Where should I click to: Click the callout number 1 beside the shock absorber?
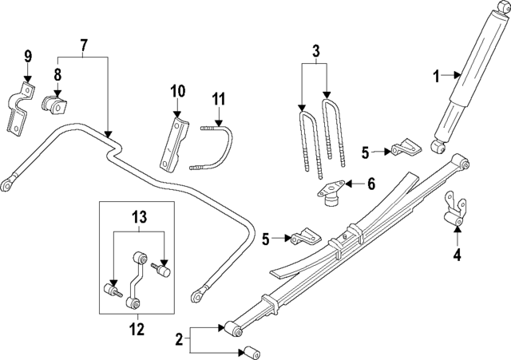[437, 77]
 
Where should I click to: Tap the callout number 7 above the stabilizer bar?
[84, 45]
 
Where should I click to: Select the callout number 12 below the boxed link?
[137, 330]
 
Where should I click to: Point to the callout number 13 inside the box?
[139, 217]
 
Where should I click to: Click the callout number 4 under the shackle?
[458, 255]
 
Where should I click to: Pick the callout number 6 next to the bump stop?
[371, 184]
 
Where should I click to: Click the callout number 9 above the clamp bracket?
[28, 56]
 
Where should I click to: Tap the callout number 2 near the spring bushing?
[179, 340]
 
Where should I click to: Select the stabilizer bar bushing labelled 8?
[54, 105]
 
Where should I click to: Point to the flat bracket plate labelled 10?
[174, 144]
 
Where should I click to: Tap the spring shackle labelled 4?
[455, 208]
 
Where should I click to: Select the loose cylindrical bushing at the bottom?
[252, 353]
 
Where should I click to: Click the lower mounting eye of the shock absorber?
[438, 147]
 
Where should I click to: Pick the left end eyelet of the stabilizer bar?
[7, 184]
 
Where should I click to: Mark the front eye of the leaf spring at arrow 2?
[234, 328]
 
